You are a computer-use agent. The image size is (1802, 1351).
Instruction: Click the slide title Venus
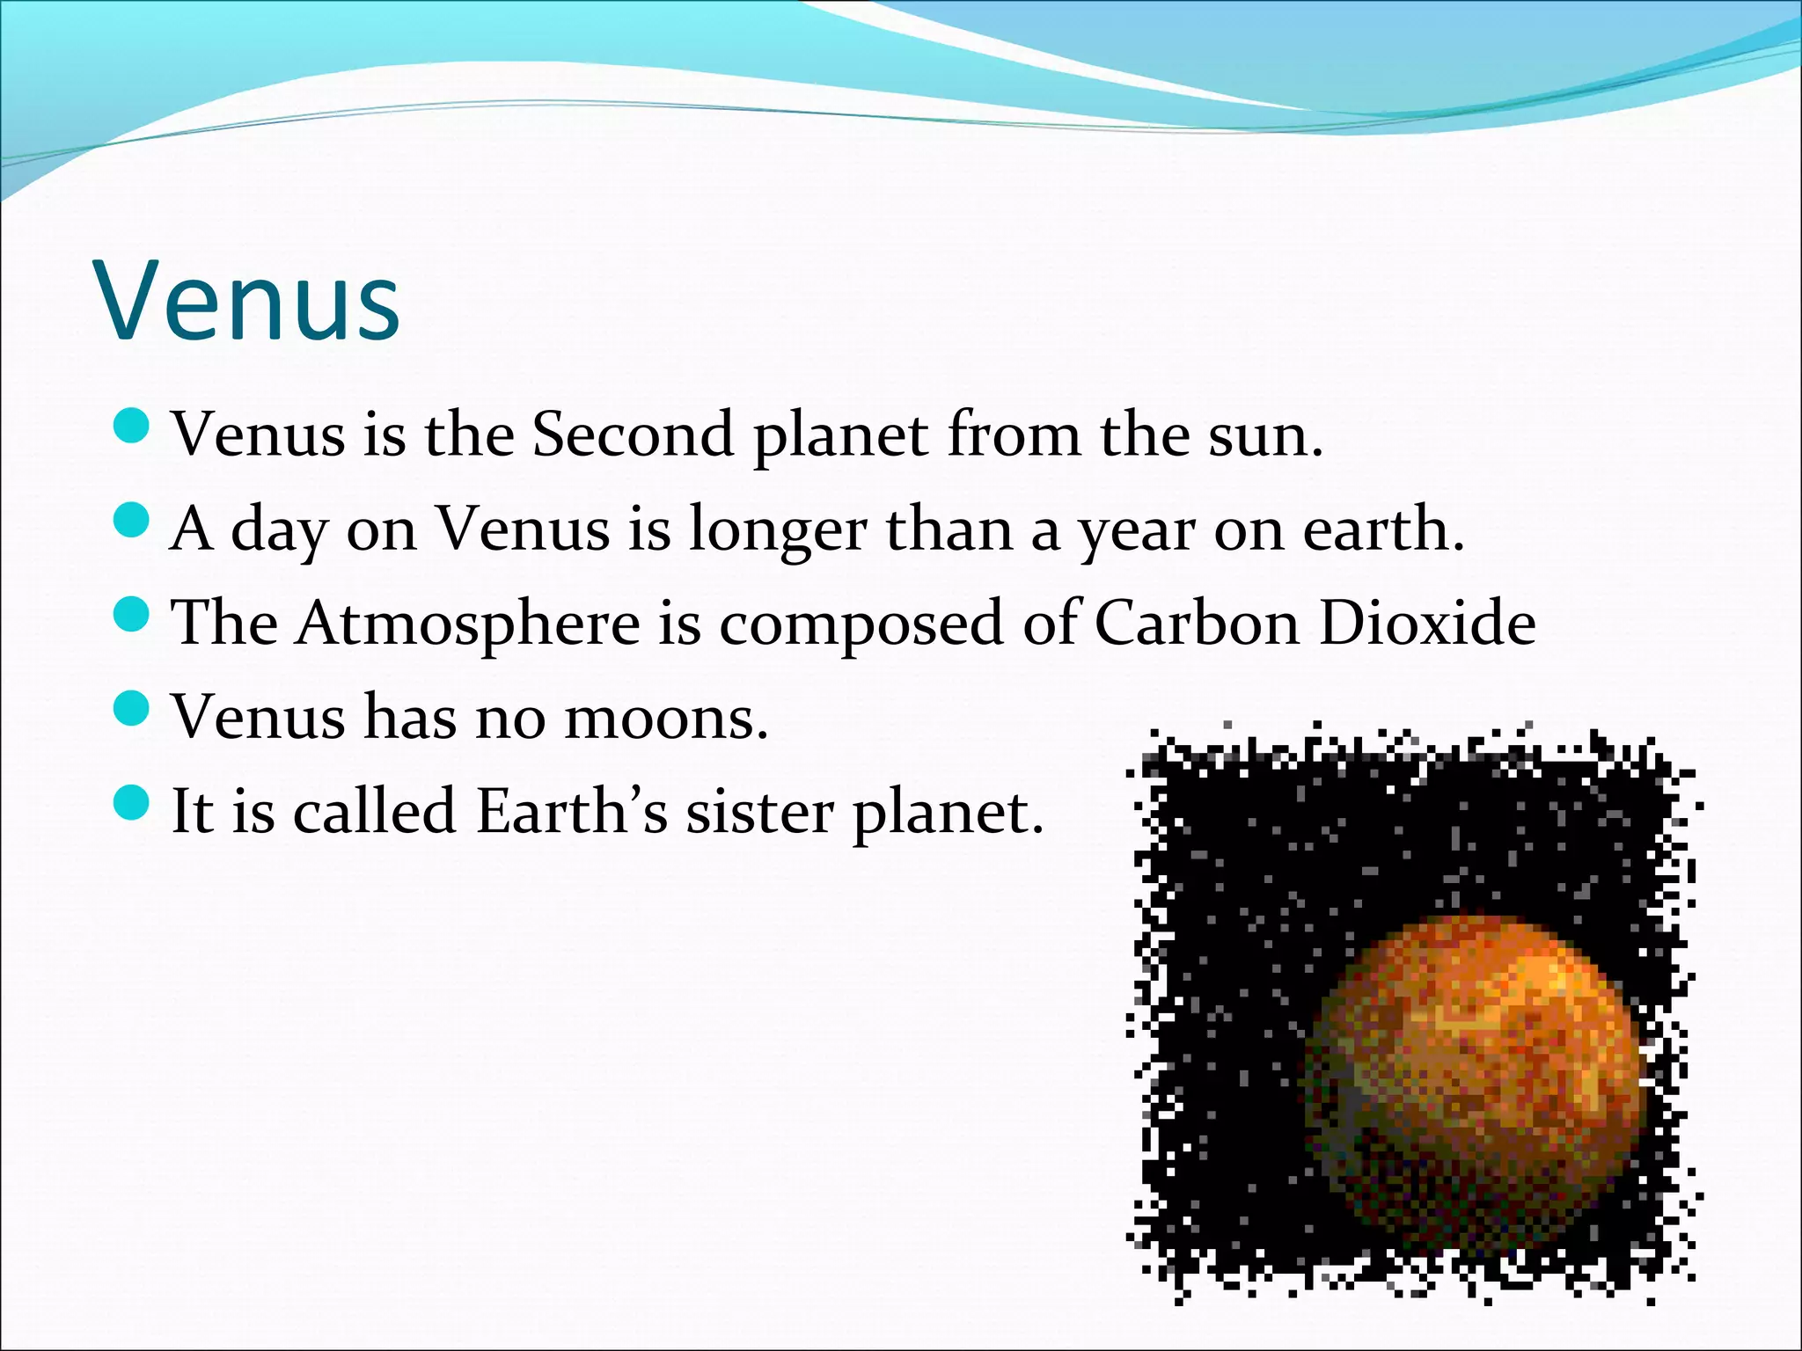click(249, 302)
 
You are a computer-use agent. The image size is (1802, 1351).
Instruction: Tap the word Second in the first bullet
click(633, 434)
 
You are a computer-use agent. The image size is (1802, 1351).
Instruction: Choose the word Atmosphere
click(468, 623)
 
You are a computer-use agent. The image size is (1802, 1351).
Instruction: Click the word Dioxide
click(1426, 623)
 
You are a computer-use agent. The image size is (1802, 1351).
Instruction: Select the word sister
click(759, 811)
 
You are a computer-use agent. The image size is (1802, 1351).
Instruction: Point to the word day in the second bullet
click(276, 530)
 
